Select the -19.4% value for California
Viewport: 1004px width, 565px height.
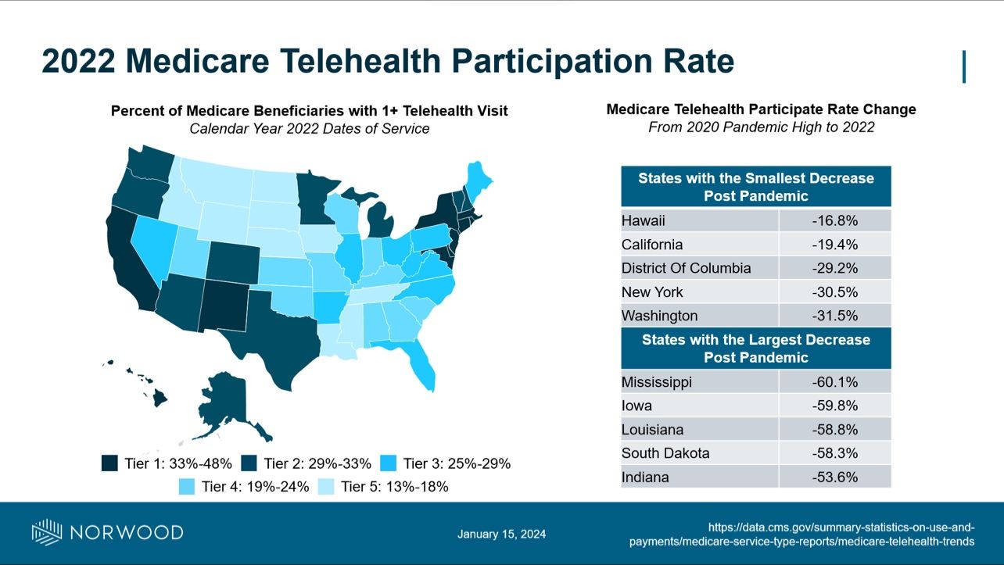pos(834,245)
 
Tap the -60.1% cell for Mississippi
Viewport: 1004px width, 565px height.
pos(834,382)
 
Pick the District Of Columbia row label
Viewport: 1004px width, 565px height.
pos(686,268)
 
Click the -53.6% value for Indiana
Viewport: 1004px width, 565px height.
pos(834,477)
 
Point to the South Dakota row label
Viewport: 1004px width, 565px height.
pos(665,453)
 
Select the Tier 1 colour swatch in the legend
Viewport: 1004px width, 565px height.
pos(110,463)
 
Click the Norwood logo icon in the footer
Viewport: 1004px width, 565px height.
pos(46,532)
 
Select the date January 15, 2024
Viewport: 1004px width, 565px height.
pos(501,535)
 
